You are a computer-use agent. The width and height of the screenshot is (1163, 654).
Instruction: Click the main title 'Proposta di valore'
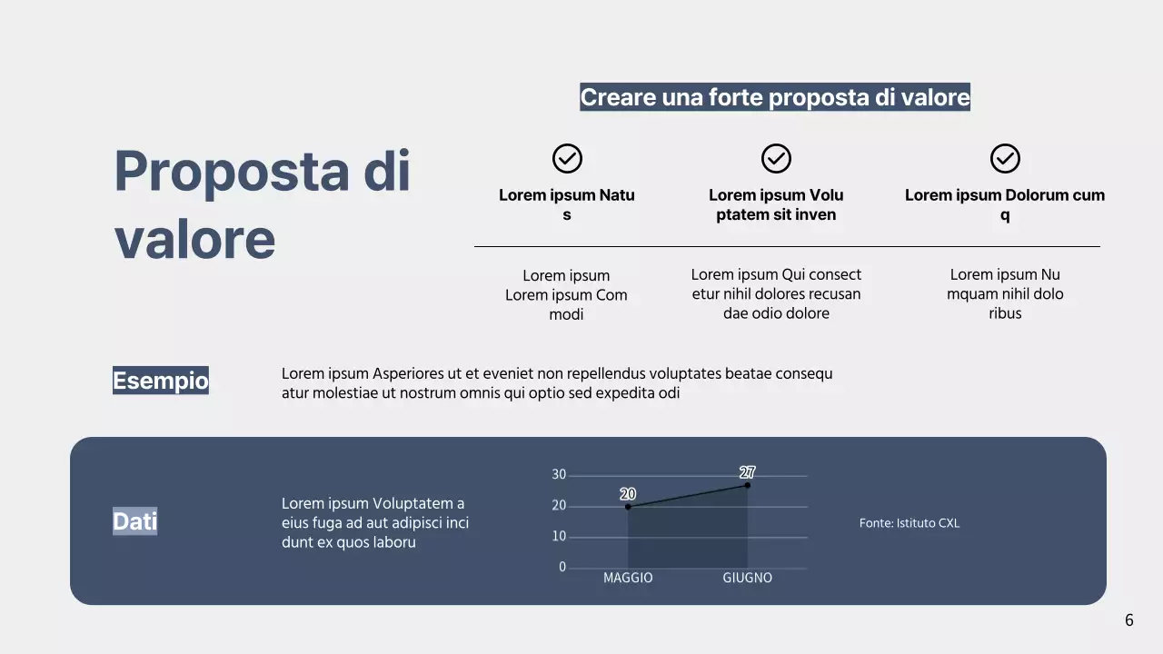(262, 204)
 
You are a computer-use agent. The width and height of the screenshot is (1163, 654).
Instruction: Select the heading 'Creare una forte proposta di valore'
(775, 97)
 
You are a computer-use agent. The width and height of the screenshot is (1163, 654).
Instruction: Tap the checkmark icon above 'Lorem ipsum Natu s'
(567, 159)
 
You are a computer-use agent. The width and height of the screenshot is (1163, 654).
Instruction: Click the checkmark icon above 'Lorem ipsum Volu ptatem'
(776, 159)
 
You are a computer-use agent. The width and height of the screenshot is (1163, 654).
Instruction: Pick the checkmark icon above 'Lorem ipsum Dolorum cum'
(1005, 159)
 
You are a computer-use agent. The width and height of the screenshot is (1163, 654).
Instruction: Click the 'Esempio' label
(161, 380)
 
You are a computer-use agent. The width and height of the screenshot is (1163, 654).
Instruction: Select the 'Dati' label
(134, 520)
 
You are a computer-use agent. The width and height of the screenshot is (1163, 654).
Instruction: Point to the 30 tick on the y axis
(559, 475)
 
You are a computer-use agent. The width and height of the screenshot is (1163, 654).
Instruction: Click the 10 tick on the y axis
(559, 537)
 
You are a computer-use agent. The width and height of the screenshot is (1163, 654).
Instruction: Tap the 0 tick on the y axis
(562, 568)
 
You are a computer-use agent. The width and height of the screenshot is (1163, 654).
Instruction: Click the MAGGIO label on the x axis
(628, 578)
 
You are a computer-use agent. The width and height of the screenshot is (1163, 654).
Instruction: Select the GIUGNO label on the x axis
(748, 578)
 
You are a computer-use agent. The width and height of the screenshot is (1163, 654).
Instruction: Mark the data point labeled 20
(628, 507)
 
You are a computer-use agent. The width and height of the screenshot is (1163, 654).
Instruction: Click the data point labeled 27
(748, 485)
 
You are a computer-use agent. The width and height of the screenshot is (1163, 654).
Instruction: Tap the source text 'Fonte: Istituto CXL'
(910, 523)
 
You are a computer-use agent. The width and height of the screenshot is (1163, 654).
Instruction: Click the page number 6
(1129, 620)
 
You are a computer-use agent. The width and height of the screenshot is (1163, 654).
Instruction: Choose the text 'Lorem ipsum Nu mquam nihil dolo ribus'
(1005, 293)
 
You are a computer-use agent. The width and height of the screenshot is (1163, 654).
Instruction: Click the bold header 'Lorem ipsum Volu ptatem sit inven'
(776, 205)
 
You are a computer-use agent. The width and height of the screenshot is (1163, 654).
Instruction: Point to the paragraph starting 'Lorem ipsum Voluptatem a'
(375, 523)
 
